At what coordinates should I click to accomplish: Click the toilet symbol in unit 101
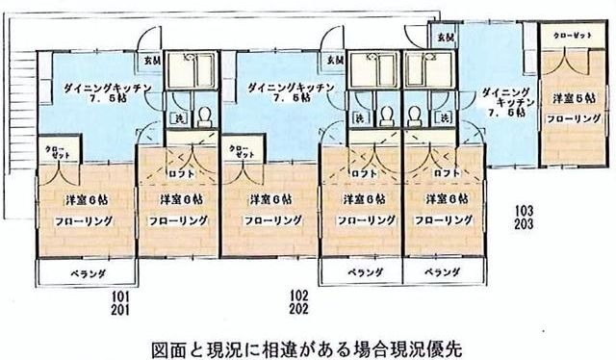click(x=204, y=117)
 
